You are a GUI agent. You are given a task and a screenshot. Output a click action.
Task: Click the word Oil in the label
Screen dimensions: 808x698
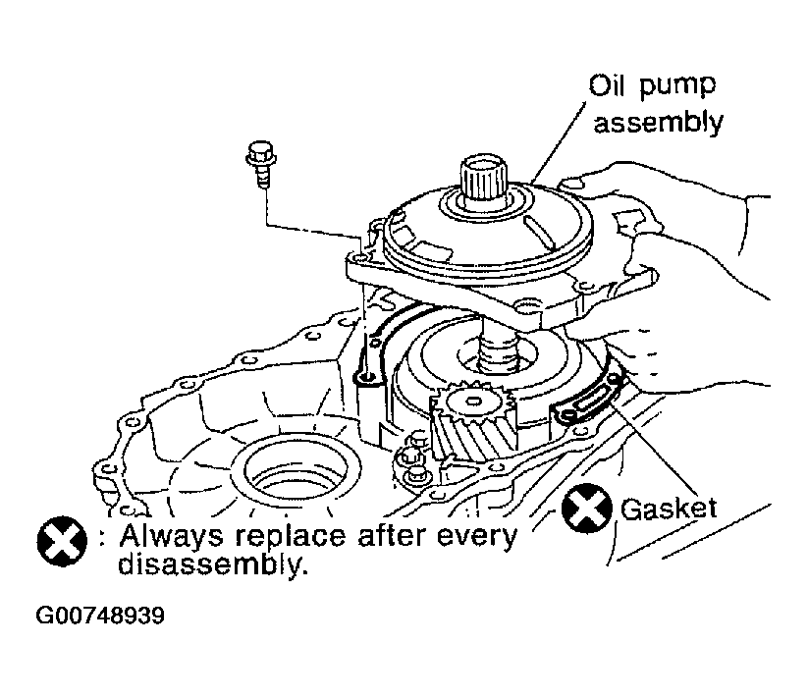pos(607,85)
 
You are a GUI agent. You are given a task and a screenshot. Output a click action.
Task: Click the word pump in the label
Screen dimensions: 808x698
pos(677,87)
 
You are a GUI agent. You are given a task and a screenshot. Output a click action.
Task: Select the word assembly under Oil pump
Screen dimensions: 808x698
pos(658,123)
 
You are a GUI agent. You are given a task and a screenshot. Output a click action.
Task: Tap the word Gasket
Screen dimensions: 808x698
pos(669,509)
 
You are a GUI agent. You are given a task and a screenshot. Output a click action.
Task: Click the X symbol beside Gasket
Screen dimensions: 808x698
pos(587,509)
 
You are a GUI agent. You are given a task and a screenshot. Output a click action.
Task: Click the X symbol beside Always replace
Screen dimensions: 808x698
pos(62,541)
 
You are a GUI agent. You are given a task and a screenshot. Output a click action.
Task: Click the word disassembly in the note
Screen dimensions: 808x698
pos(213,564)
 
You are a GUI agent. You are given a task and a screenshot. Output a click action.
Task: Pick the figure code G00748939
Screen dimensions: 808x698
pos(100,616)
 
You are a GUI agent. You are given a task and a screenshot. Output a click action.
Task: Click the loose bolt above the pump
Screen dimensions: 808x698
pos(261,164)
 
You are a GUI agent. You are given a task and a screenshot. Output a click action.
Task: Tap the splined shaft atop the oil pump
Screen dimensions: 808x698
pos(483,179)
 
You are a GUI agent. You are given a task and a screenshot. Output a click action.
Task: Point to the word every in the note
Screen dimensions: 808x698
pos(476,538)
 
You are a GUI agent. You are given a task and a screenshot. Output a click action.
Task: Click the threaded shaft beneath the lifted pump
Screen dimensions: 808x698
pos(499,351)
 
